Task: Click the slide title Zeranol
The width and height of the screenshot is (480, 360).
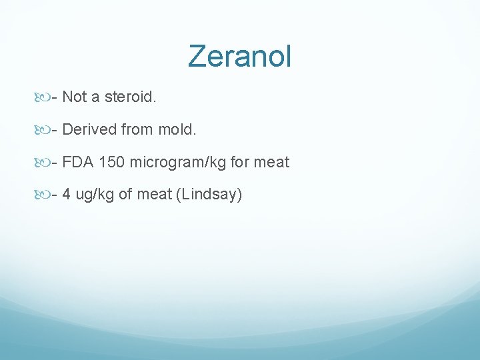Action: (x=239, y=56)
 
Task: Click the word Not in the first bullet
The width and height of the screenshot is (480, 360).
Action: (x=75, y=97)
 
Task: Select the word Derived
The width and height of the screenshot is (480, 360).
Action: (x=89, y=129)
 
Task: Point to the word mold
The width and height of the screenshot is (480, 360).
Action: (x=177, y=129)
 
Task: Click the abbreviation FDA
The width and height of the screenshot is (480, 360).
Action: (x=78, y=162)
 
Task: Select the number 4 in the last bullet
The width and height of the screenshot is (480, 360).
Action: (x=67, y=195)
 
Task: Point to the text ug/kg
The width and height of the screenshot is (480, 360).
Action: (x=93, y=195)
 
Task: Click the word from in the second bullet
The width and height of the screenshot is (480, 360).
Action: (x=136, y=129)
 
